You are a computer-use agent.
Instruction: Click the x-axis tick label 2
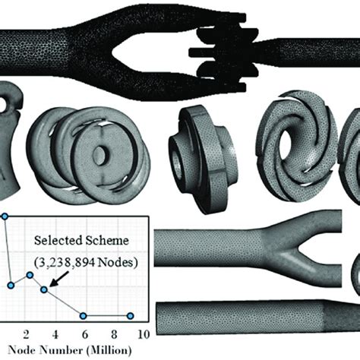[26, 335]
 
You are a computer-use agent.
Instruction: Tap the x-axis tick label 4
[55, 335]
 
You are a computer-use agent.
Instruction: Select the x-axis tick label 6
[85, 335]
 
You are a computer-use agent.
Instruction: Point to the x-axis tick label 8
[114, 335]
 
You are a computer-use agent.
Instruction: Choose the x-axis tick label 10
[144, 335]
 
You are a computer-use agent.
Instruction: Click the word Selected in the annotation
[58, 240]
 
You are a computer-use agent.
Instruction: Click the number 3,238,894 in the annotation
[65, 263]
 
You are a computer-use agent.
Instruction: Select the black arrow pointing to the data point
[58, 279]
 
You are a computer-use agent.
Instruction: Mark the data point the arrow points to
[44, 289]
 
